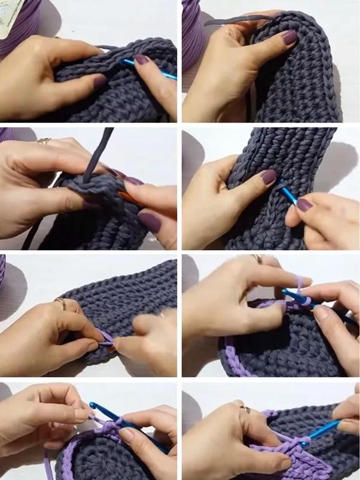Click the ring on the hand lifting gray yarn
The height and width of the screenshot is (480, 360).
coord(44,141)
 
